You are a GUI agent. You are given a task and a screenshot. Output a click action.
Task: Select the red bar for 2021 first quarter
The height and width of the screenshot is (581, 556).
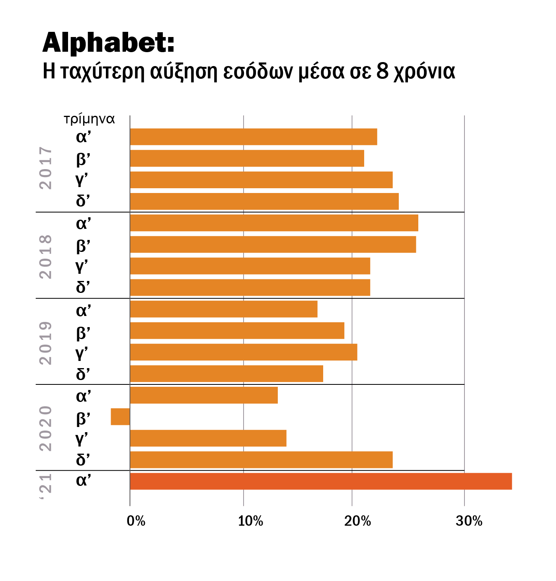(x=320, y=481)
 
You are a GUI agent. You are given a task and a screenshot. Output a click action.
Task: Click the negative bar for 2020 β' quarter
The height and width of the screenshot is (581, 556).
(x=120, y=417)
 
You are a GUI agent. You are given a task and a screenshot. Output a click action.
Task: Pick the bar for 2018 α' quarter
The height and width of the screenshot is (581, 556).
(x=274, y=223)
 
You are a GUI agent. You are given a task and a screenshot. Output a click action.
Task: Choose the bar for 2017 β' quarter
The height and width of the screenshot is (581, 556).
(x=247, y=158)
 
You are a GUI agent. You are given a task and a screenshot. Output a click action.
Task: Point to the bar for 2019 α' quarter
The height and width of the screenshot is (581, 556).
(x=224, y=309)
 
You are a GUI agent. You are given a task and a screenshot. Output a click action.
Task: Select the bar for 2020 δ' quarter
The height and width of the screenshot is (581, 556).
(x=261, y=460)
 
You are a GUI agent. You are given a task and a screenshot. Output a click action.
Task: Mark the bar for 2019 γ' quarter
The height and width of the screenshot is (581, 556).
(x=244, y=352)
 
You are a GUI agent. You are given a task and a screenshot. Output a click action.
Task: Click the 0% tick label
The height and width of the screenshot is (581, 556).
(x=136, y=521)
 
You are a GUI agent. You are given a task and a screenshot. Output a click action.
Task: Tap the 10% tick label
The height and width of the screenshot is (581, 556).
(x=250, y=521)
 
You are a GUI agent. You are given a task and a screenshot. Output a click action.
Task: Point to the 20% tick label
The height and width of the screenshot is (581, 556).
(x=357, y=521)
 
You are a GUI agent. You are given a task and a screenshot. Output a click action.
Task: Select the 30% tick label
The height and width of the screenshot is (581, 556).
(x=469, y=521)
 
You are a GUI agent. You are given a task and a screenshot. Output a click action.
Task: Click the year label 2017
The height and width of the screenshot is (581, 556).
(x=46, y=168)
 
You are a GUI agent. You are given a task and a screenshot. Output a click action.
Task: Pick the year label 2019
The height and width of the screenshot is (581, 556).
(x=46, y=343)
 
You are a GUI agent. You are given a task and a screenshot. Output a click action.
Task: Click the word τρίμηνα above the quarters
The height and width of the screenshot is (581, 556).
(x=89, y=119)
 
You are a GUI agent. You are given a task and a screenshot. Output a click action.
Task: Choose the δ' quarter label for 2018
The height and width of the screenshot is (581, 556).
(x=83, y=287)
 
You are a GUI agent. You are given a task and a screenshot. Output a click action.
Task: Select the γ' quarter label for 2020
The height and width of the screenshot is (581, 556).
(x=82, y=438)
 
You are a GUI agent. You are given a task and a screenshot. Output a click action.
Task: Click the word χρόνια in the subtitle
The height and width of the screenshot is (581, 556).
(x=424, y=72)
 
